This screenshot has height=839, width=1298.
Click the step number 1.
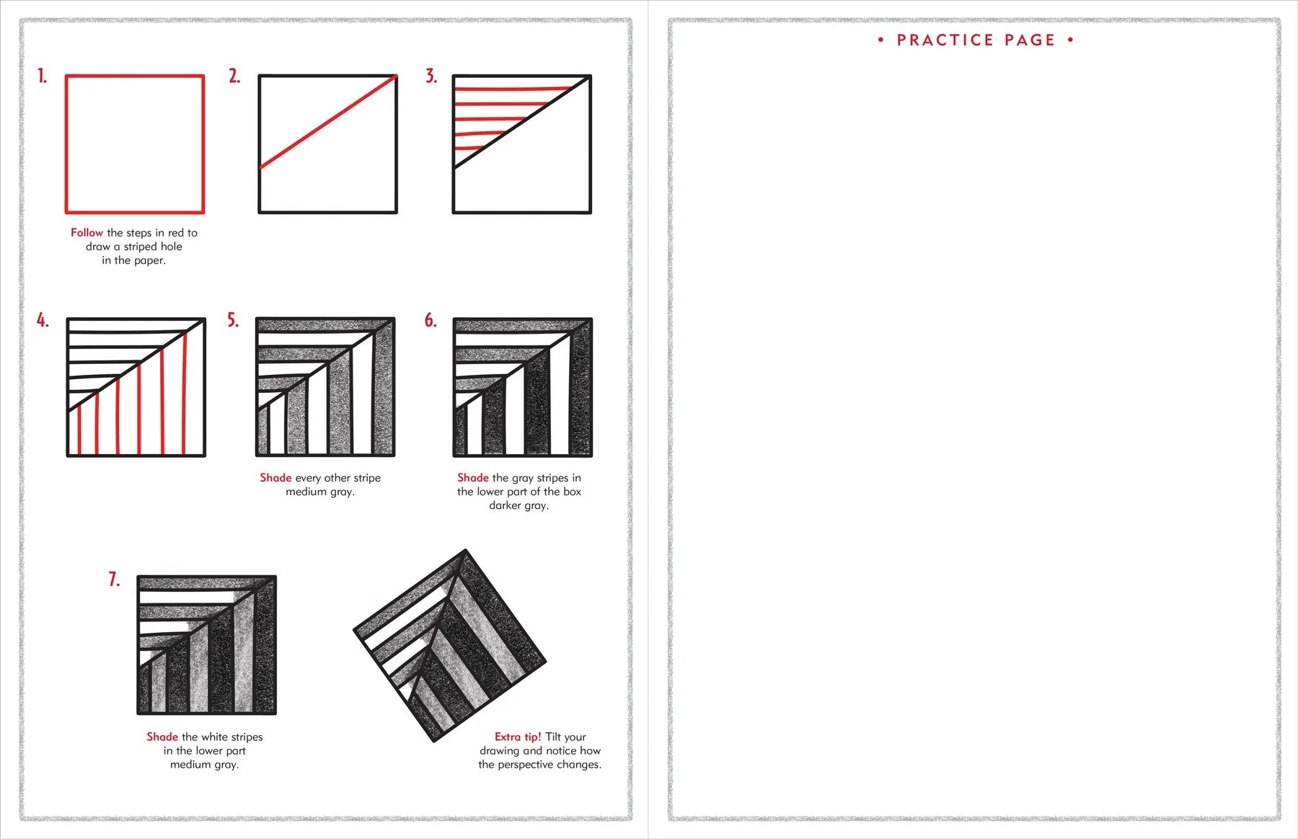[43, 76]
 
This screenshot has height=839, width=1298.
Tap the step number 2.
[234, 76]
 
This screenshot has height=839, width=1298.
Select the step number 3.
[431, 76]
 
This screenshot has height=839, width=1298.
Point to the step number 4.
[43, 320]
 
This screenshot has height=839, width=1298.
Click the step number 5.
[233, 320]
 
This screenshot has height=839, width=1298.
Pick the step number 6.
[431, 320]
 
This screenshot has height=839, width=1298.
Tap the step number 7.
[114, 580]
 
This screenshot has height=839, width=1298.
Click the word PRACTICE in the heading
[945, 40]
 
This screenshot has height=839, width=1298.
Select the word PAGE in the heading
[1030, 40]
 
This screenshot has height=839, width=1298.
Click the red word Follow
[87, 233]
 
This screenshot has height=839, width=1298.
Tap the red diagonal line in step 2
[328, 122]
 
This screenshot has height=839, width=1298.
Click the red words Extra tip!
[517, 737]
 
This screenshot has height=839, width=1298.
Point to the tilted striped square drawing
[450, 646]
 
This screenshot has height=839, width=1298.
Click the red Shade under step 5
[275, 478]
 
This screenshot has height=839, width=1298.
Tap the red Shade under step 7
[162, 737]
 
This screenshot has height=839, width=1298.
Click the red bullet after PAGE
[1070, 40]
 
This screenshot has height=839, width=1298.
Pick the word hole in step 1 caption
[167, 247]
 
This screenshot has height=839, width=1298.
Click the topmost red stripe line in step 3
[512, 89]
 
